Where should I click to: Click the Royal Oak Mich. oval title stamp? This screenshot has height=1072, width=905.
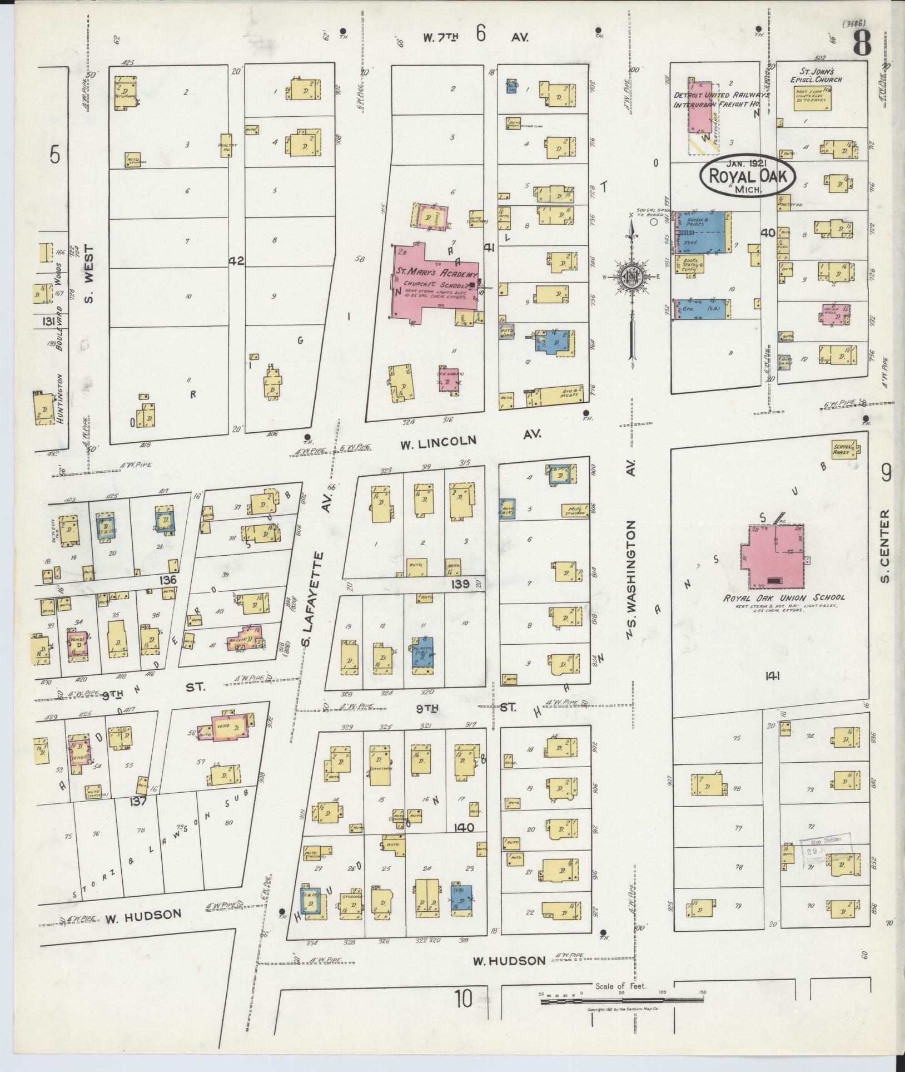point(748,176)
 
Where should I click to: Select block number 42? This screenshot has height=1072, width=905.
point(236,260)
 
